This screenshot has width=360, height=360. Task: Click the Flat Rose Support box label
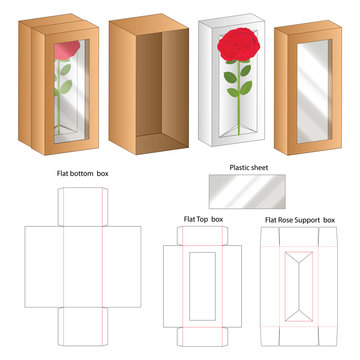[x=298, y=217]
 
